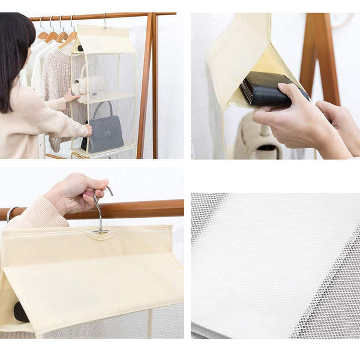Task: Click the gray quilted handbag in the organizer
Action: (x=103, y=133)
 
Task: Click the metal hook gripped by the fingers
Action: (x=100, y=210)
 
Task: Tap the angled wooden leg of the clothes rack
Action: (x=145, y=90)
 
